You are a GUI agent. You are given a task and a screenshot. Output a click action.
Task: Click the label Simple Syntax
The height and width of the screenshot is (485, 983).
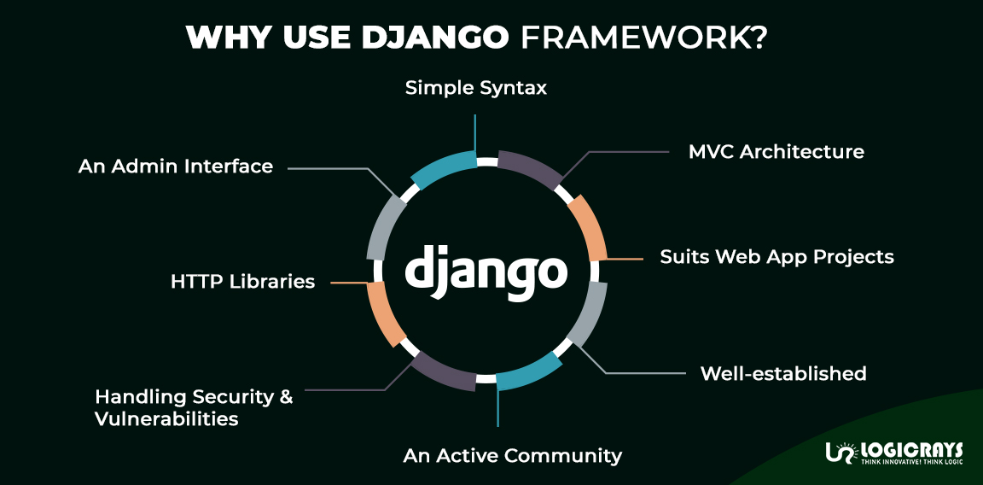tap(475, 87)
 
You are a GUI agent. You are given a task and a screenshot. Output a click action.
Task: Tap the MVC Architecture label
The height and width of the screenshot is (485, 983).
tap(776, 152)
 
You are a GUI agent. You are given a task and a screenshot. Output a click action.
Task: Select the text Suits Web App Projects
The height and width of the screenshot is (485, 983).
tap(777, 256)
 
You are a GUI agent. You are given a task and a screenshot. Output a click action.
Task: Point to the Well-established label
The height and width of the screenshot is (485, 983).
tap(782, 373)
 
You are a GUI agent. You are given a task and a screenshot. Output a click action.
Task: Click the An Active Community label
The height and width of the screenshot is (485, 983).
tap(512, 455)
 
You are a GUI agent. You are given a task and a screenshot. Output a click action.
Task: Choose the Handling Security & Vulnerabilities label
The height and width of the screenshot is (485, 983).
tap(194, 407)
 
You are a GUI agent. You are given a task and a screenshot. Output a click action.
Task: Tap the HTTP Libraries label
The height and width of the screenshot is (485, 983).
tap(242, 281)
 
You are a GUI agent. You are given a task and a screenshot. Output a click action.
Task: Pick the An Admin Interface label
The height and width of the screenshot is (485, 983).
tap(176, 166)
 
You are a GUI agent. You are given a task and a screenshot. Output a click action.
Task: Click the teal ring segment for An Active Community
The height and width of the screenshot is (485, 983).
tap(529, 375)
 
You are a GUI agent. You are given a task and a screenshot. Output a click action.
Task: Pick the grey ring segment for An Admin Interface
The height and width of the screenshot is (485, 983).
tap(385, 225)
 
